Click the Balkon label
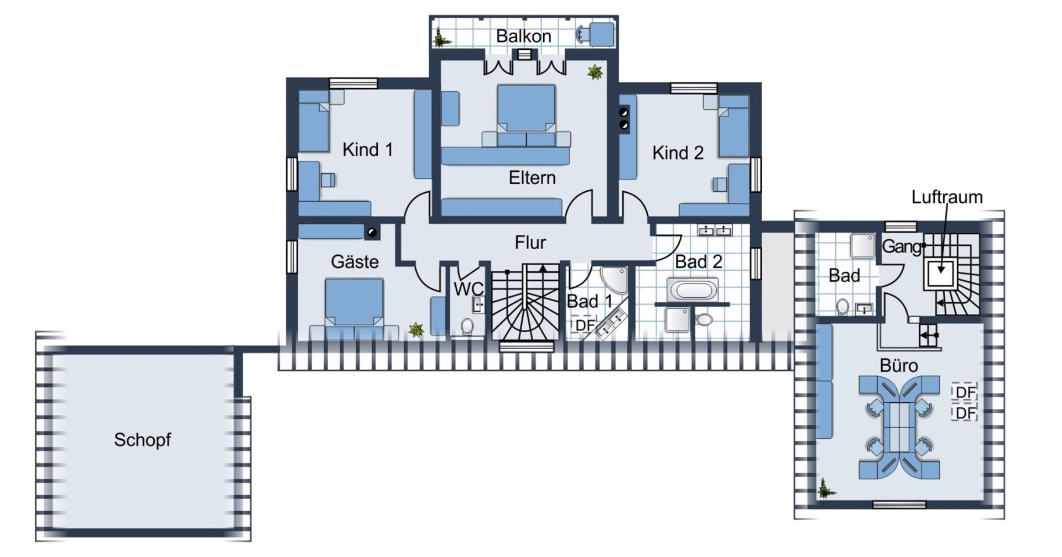523,36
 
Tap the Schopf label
142,440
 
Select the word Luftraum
947,197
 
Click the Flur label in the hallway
530,242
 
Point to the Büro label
899,365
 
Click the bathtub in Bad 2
693,290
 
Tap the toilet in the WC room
467,326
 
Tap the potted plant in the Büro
826,488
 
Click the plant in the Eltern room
595,72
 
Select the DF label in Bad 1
584,325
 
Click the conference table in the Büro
899,427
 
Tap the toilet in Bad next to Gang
842,307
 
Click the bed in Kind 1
314,120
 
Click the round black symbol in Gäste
372,232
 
